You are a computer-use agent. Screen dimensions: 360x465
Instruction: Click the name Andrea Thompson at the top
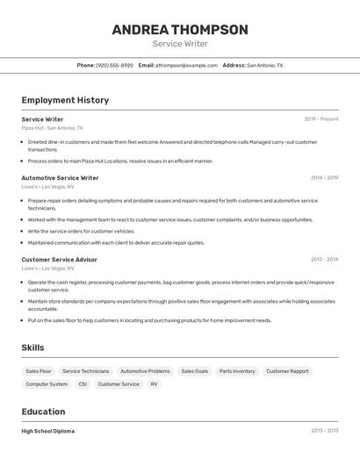pos(180,29)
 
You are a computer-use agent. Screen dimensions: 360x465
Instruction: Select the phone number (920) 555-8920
pos(115,65)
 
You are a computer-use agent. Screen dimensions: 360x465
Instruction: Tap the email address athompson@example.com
pos(186,65)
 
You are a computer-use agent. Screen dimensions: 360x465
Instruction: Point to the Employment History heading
pos(65,100)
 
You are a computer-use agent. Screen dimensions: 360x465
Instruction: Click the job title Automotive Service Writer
pos(60,177)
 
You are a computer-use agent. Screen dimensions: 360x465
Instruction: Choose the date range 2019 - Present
pos(321,118)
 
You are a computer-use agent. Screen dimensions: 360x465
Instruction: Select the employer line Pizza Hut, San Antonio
pos(49,128)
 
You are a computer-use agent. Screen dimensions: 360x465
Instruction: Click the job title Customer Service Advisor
pos(59,260)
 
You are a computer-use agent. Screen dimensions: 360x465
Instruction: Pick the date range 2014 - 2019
pos(324,177)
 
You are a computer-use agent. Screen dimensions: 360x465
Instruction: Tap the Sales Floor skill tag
pos(39,371)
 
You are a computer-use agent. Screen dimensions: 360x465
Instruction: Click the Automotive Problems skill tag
pos(145,371)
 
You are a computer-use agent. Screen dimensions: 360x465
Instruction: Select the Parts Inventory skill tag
pos(237,371)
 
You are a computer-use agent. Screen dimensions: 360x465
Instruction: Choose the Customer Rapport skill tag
pos(287,371)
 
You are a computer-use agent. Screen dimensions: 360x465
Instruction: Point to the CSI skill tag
pos(83,384)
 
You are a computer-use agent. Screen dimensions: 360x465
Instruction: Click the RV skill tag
pos(154,384)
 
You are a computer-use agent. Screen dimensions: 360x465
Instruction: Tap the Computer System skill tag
pos(47,384)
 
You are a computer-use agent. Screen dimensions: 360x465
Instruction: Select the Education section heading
pos(43,411)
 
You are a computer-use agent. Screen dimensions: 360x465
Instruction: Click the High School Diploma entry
pos(48,431)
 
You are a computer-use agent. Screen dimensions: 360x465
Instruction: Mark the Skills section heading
pos(32,348)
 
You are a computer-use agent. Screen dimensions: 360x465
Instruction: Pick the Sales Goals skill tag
pos(195,371)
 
